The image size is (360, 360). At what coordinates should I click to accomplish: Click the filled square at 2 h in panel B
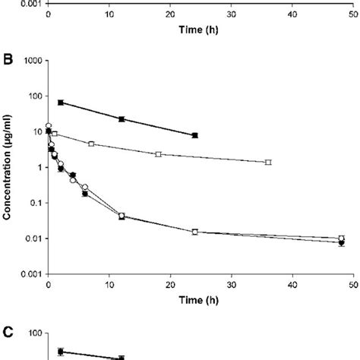click(61, 103)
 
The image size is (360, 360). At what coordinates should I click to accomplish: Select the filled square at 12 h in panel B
click(122, 118)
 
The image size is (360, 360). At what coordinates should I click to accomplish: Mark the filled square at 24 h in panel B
click(194, 135)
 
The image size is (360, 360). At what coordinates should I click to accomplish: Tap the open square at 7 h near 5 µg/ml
click(91, 144)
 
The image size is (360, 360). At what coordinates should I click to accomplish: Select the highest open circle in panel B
click(49, 126)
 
